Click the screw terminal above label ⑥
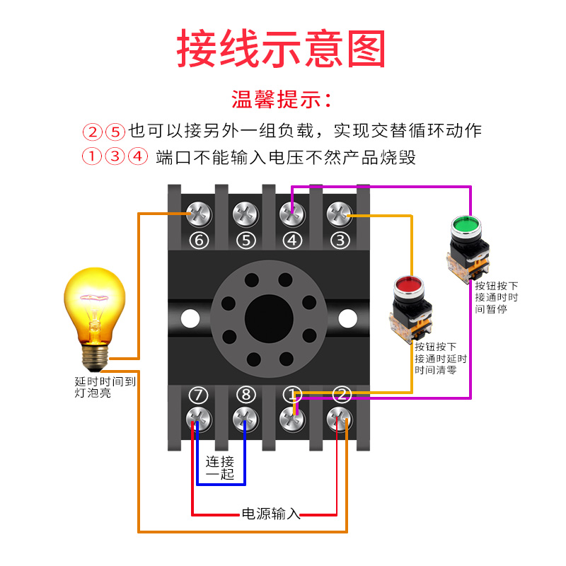pyautogui.click(x=199, y=212)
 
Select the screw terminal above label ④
pyautogui.click(x=292, y=212)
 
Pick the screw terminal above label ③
pyautogui.click(x=340, y=212)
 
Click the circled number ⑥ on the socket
pyautogui.click(x=199, y=241)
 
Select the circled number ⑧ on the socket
pyautogui.click(x=246, y=394)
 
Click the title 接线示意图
pyautogui.click(x=282, y=48)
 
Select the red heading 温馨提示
pyautogui.click(x=282, y=99)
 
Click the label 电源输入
pyautogui.click(x=271, y=513)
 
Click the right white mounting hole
pyautogui.click(x=347, y=318)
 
